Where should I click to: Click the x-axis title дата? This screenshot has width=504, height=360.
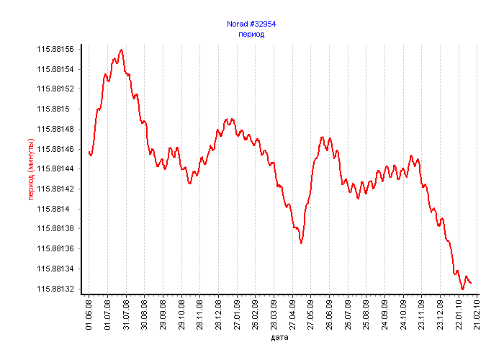tap(280, 337)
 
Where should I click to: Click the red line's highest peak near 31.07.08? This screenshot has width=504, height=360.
tap(122, 50)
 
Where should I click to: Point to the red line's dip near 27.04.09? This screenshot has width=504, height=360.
tap(301, 243)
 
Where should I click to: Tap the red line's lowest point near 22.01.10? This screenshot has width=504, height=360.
tap(462, 289)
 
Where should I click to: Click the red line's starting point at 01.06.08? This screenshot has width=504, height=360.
tap(89, 151)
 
